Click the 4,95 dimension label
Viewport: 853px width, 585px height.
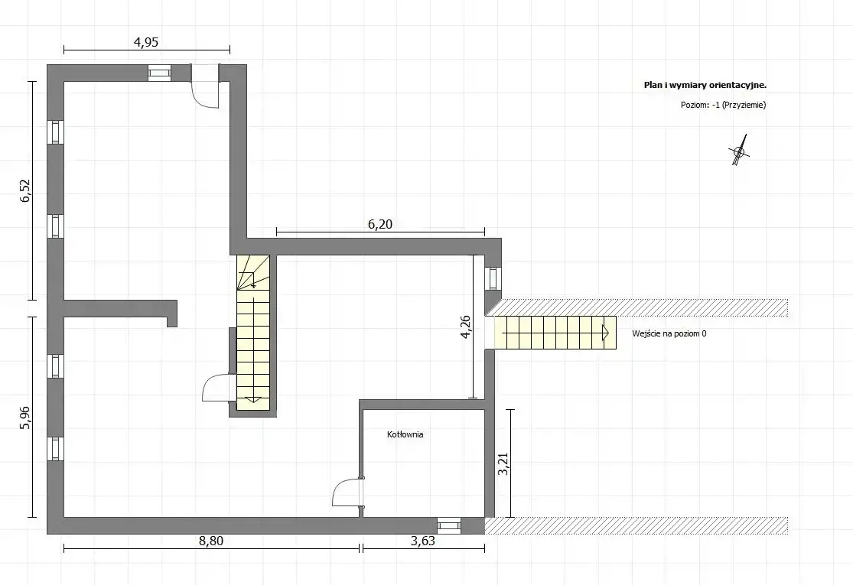coord(146,42)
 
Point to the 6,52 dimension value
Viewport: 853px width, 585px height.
coord(26,191)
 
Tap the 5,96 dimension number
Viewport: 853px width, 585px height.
coord(26,418)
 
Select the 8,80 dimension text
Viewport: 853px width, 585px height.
coord(211,541)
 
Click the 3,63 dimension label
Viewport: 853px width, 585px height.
coord(423,541)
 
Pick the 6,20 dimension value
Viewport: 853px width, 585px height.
coord(379,224)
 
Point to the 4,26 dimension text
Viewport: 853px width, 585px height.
coord(466,327)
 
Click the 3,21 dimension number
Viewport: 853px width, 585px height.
coord(503,463)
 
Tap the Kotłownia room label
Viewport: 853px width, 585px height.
coord(405,434)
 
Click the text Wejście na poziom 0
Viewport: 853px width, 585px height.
coord(669,334)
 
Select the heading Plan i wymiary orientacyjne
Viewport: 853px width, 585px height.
coord(705,85)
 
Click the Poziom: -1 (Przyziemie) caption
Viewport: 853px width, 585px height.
coord(723,105)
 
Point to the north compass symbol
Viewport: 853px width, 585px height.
coord(739,151)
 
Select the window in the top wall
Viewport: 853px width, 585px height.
coord(160,73)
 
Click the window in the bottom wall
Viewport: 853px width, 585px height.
coord(449,526)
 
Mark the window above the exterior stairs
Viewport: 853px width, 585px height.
coord(493,278)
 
